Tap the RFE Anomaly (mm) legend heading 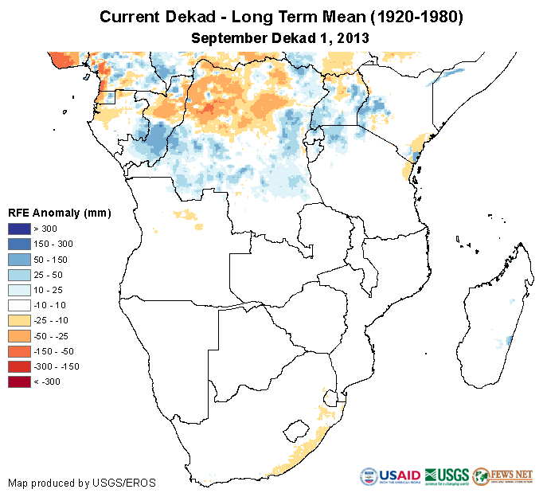coord(59,213)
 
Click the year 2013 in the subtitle coord(350,37)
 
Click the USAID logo coord(391,476)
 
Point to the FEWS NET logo coord(502,476)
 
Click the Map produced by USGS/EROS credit coord(82,483)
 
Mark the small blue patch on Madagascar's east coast coord(509,341)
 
